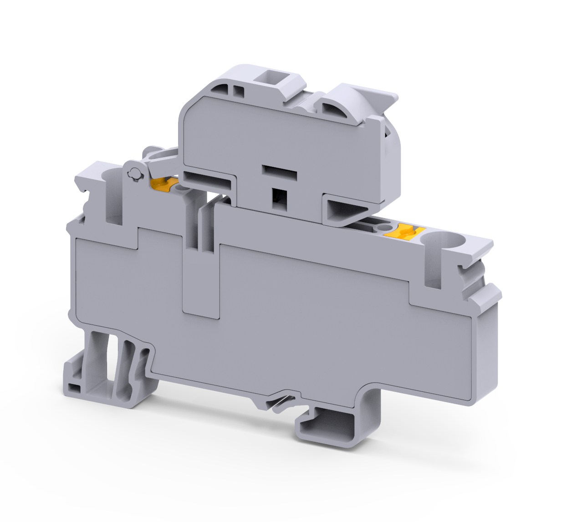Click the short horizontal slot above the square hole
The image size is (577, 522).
click(279, 172)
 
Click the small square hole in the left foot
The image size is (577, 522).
click(73, 388)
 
